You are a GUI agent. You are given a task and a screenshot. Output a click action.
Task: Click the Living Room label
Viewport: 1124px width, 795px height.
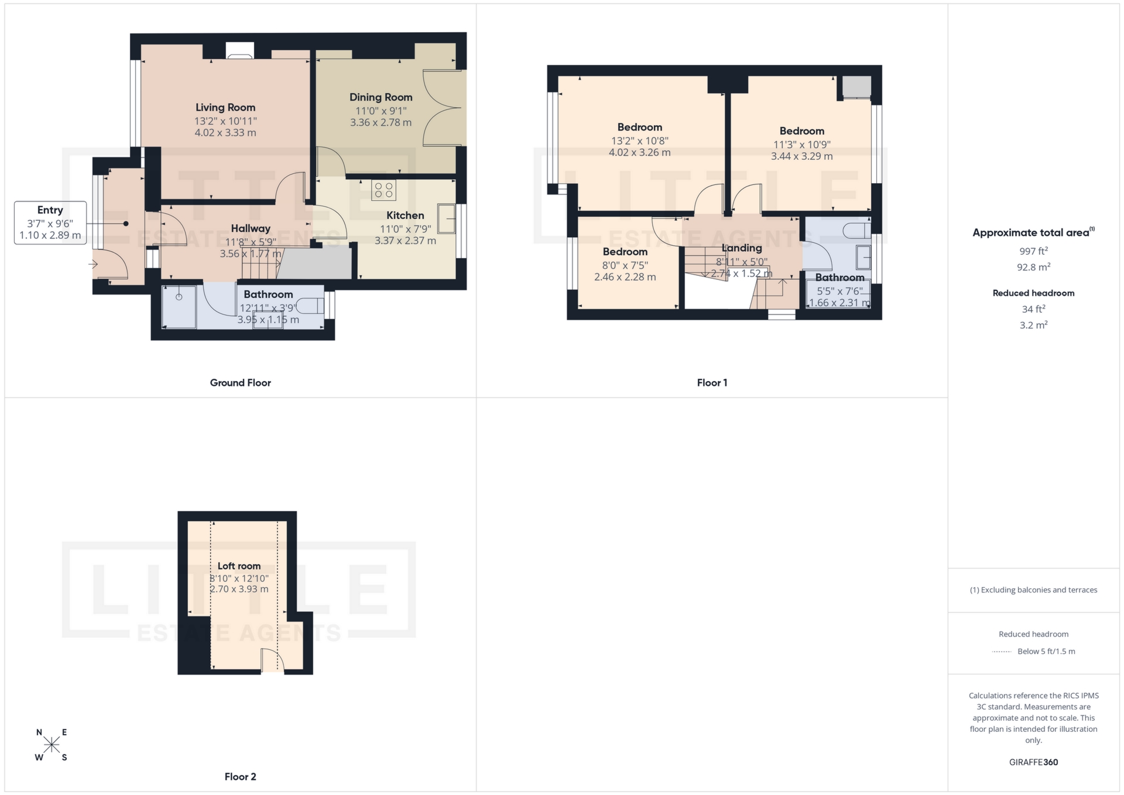point(225,107)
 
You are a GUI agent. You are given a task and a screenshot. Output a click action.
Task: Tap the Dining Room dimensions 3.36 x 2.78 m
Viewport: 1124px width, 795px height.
point(381,123)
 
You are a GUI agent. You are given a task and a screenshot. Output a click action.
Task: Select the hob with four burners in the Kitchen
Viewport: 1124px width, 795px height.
point(383,190)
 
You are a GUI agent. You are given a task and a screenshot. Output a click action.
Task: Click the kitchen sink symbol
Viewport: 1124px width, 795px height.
point(447,218)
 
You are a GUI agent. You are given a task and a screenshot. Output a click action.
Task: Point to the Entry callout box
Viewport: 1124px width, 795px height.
point(50,223)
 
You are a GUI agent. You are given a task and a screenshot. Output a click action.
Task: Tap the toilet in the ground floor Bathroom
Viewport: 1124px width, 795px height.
point(311,306)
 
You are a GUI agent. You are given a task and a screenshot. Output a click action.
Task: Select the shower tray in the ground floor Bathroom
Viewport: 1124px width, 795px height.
point(179,307)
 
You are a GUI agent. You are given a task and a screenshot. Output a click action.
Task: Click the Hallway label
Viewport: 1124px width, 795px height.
point(251,228)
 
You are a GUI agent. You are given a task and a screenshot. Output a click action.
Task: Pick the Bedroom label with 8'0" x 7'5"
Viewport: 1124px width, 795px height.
point(625,252)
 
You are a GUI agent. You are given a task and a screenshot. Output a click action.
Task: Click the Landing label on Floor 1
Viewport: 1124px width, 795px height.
point(742,248)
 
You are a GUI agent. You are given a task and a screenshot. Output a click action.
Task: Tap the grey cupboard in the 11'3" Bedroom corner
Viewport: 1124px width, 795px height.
point(856,87)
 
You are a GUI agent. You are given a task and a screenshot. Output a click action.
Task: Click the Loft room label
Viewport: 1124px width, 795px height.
point(239,566)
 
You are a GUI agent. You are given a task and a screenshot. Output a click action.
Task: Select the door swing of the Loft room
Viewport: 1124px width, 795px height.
point(272,662)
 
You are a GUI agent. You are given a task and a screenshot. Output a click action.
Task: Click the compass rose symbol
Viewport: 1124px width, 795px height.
point(52,745)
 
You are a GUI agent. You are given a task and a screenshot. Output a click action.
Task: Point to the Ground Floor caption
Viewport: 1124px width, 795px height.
point(240,383)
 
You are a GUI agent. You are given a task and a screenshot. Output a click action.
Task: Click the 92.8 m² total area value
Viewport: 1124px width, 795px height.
point(1033,267)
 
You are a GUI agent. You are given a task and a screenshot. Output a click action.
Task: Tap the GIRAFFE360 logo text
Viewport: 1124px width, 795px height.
point(1033,762)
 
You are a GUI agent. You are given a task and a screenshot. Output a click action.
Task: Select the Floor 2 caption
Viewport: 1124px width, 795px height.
point(240,777)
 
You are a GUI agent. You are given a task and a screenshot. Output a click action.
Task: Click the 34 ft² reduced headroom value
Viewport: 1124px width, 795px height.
point(1033,309)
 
